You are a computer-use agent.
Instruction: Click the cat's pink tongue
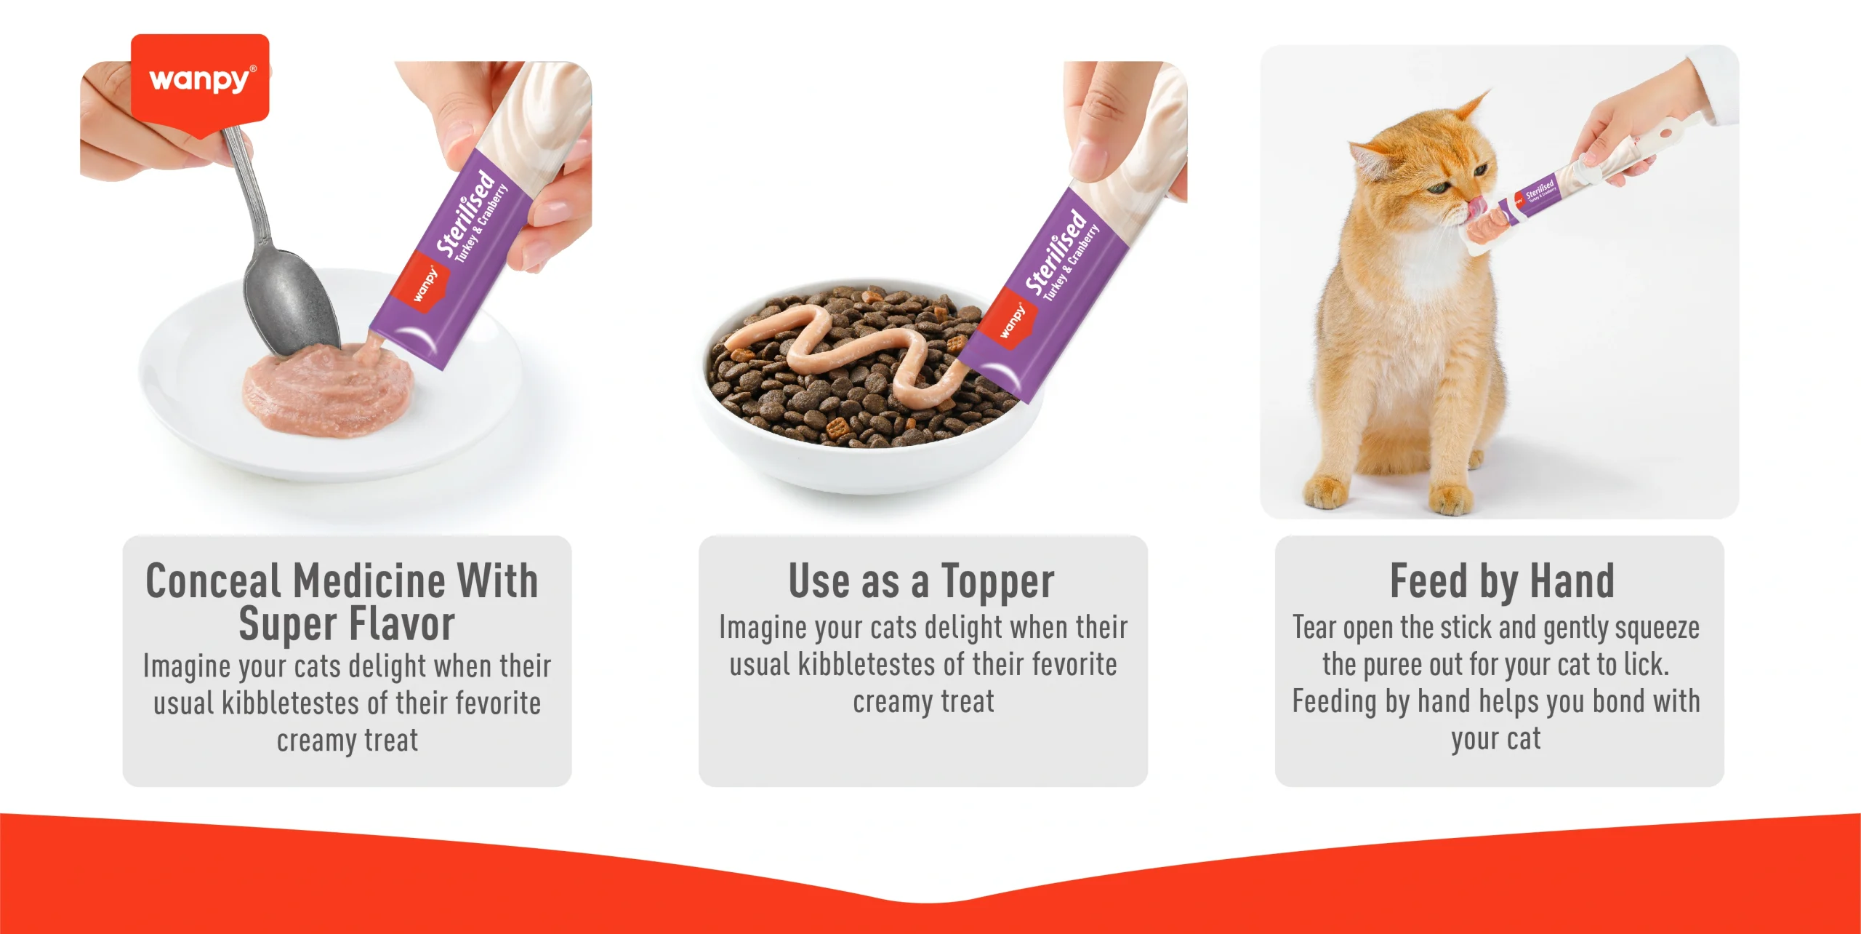[1476, 207]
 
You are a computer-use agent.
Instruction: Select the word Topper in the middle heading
[997, 583]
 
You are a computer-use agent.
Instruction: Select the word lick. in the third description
[1646, 664]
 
